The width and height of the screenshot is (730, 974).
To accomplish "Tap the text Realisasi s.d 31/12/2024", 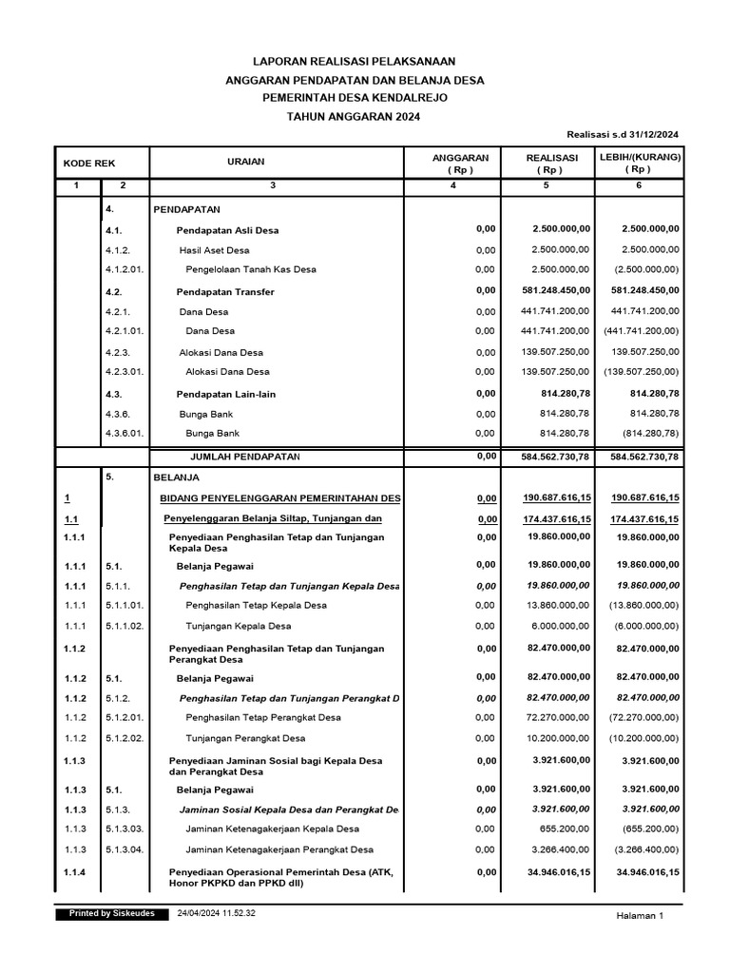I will click(623, 136).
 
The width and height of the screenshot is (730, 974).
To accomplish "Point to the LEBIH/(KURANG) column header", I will click(638, 163).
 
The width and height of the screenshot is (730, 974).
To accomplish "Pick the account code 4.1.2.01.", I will click(125, 269).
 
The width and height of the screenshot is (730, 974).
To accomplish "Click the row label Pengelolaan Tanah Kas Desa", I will click(250, 269).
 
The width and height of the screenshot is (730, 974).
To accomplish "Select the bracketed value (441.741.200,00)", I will click(641, 331).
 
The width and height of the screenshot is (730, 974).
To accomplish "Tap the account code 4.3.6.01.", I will click(125, 434).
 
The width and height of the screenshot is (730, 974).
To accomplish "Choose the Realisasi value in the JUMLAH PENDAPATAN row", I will click(548, 457).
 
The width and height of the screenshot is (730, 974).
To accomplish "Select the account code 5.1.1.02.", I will click(125, 626).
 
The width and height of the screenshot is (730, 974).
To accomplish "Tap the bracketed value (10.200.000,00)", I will click(641, 738).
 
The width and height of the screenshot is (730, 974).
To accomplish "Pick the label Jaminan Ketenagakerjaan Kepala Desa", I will click(272, 829).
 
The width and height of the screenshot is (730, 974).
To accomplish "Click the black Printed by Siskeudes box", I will click(112, 913).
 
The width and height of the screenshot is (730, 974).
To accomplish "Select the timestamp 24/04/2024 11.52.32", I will click(217, 913).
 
